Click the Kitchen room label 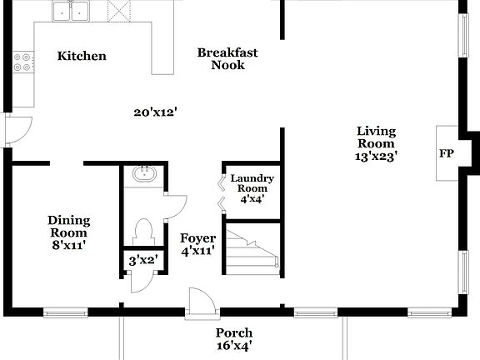click(x=82, y=57)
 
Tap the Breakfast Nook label click(x=227, y=58)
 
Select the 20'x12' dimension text click(x=156, y=112)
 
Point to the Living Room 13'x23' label click(x=376, y=142)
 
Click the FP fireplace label click(x=447, y=154)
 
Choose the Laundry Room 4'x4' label click(x=252, y=188)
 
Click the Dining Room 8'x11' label click(x=68, y=232)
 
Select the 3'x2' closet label click(x=143, y=260)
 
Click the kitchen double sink click(x=72, y=12)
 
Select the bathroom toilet click(x=143, y=230)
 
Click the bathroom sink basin click(x=143, y=175)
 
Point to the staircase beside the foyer click(x=252, y=250)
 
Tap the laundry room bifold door click(x=222, y=191)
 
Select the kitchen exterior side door click(x=17, y=130)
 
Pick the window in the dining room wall click(x=66, y=313)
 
